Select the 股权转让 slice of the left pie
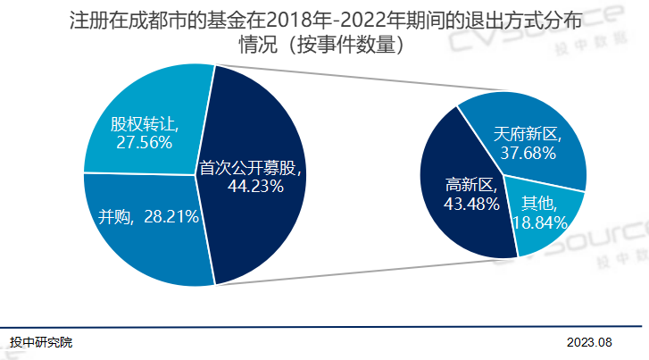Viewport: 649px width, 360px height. pyautogui.click(x=143, y=98)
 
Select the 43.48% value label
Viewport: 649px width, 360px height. pyautogui.click(x=470, y=204)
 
